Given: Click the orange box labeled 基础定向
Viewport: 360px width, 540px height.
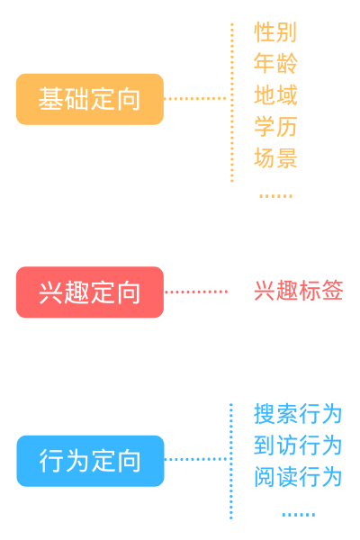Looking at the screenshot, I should click(89, 99).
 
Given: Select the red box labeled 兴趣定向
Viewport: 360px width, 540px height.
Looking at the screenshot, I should click(89, 292).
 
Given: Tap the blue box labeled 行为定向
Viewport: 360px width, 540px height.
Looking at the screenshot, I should click(90, 461).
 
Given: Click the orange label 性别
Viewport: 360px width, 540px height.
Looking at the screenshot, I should click(275, 33).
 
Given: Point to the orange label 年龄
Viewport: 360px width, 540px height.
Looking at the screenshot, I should click(275, 65).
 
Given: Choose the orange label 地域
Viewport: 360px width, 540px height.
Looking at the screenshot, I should click(275, 96).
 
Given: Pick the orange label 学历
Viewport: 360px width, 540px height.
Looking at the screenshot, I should click(275, 128).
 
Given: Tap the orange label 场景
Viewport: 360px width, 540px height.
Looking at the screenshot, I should click(275, 159).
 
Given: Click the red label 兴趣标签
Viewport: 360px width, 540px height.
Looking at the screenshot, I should click(298, 292).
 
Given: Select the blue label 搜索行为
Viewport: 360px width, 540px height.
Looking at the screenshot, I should click(298, 414).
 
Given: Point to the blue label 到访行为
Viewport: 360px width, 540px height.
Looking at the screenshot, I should click(298, 445).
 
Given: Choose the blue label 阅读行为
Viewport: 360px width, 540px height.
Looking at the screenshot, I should click(298, 477).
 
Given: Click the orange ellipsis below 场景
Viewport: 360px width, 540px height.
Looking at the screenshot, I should click(275, 195).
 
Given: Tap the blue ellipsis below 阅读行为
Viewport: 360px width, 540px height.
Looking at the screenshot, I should click(298, 515).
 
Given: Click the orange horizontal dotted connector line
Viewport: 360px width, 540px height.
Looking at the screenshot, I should click(196, 98).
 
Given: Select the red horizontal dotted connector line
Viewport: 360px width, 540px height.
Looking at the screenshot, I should click(196, 292).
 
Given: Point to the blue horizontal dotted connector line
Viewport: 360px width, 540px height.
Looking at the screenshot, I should click(196, 460).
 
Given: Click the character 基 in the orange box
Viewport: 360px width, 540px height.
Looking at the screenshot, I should click(49, 99).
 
